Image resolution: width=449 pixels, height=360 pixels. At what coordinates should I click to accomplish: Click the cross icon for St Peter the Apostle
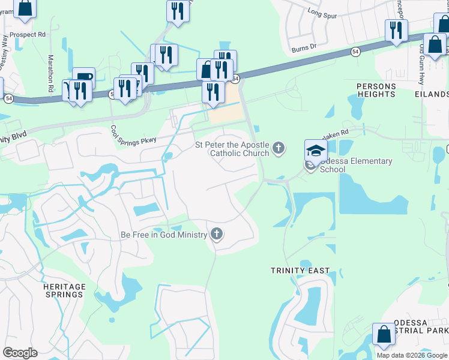[278, 148]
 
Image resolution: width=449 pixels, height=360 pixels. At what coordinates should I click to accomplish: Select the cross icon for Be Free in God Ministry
[217, 234]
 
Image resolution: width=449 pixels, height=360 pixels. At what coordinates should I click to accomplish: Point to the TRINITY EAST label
[300, 271]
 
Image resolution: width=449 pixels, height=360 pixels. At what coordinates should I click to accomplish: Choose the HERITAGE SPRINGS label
[64, 290]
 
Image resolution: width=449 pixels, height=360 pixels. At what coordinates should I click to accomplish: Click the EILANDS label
[431, 94]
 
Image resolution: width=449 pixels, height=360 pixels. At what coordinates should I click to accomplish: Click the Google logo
[20, 353]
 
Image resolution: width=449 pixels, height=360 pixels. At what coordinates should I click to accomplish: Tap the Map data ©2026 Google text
[412, 355]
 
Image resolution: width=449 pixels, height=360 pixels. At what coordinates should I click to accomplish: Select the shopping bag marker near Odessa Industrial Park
[384, 335]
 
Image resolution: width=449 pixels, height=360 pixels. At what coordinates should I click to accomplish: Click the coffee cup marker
[84, 79]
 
